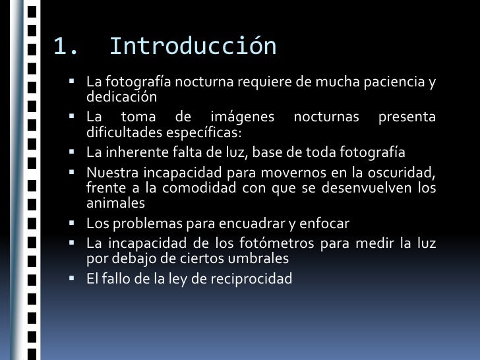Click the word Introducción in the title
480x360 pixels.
tap(193, 47)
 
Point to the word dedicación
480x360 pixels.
tap(121, 97)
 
